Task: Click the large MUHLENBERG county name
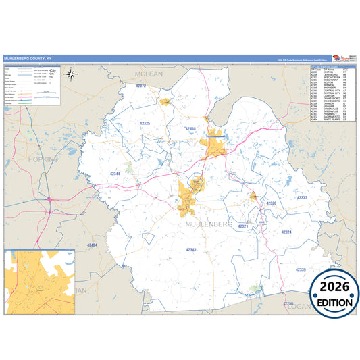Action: click(x=207, y=223)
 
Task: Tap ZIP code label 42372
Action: click(x=141, y=86)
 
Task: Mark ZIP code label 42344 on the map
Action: click(x=115, y=174)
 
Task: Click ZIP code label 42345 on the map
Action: click(x=191, y=250)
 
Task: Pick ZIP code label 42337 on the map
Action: click(x=302, y=198)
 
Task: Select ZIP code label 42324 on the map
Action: click(x=286, y=232)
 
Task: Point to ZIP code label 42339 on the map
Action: click(x=301, y=269)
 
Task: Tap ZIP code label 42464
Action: click(x=93, y=245)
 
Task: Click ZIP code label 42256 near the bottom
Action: click(x=288, y=304)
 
